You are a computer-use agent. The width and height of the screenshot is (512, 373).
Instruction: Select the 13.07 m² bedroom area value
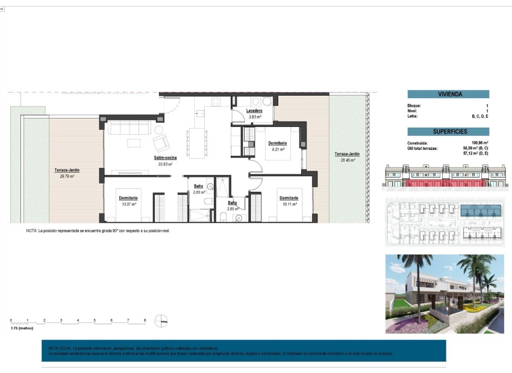pyautogui.click(x=128, y=204)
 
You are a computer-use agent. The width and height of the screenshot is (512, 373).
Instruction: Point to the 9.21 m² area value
pyautogui.click(x=278, y=149)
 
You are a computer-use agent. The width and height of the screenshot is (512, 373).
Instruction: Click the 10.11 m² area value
pyautogui.click(x=289, y=204)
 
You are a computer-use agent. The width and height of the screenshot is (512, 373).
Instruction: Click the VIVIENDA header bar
pyautogui.click(x=448, y=94)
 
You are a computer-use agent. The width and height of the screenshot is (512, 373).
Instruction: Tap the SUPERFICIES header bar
pyautogui.click(x=448, y=132)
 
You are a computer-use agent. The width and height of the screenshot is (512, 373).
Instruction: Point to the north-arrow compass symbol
pyautogui.click(x=161, y=321)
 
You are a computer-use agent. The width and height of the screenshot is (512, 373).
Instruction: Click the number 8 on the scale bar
pyautogui.click(x=145, y=320)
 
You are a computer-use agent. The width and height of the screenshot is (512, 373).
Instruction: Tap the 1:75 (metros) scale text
pyautogui.click(x=22, y=328)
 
